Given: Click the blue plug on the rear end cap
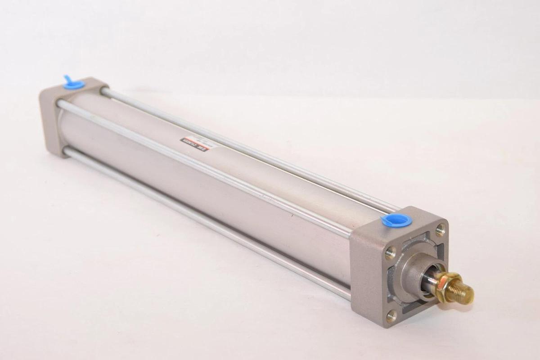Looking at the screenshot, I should (x=75, y=84).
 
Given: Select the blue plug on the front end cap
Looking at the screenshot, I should (x=396, y=220).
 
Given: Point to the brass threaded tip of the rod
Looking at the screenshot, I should (x=463, y=295).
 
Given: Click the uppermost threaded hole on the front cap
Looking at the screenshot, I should (x=440, y=231).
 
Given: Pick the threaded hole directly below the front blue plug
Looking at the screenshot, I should (x=390, y=252).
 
